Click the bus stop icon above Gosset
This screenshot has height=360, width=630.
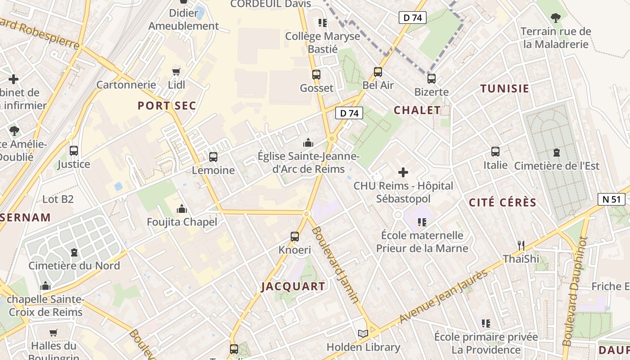tap(316, 75)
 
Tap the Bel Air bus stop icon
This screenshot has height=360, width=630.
tap(378, 72)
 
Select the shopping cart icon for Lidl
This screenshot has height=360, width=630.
tap(176, 72)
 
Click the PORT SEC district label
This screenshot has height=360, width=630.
tap(167, 106)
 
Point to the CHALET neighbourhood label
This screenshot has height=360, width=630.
tap(417, 110)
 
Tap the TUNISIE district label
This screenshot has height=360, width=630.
tap(504, 89)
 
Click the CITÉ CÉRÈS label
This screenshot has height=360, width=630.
tap(503, 202)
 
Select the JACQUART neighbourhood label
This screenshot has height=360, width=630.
tap(293, 286)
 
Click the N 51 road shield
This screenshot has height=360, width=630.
tap(612, 199)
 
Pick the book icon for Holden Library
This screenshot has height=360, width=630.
tap(363, 334)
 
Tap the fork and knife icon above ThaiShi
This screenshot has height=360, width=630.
tap(521, 246)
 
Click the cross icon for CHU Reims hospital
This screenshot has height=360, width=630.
tap(403, 172)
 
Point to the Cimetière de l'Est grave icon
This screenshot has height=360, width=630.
tap(557, 153)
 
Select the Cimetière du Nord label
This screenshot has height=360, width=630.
tap(74, 265)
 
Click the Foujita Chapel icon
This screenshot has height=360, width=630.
tap(182, 209)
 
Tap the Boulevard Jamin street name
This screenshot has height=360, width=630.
tap(335, 264)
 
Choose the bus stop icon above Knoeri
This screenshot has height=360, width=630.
tap(295, 237)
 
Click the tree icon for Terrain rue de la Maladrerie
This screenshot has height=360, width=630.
tap(556, 18)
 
